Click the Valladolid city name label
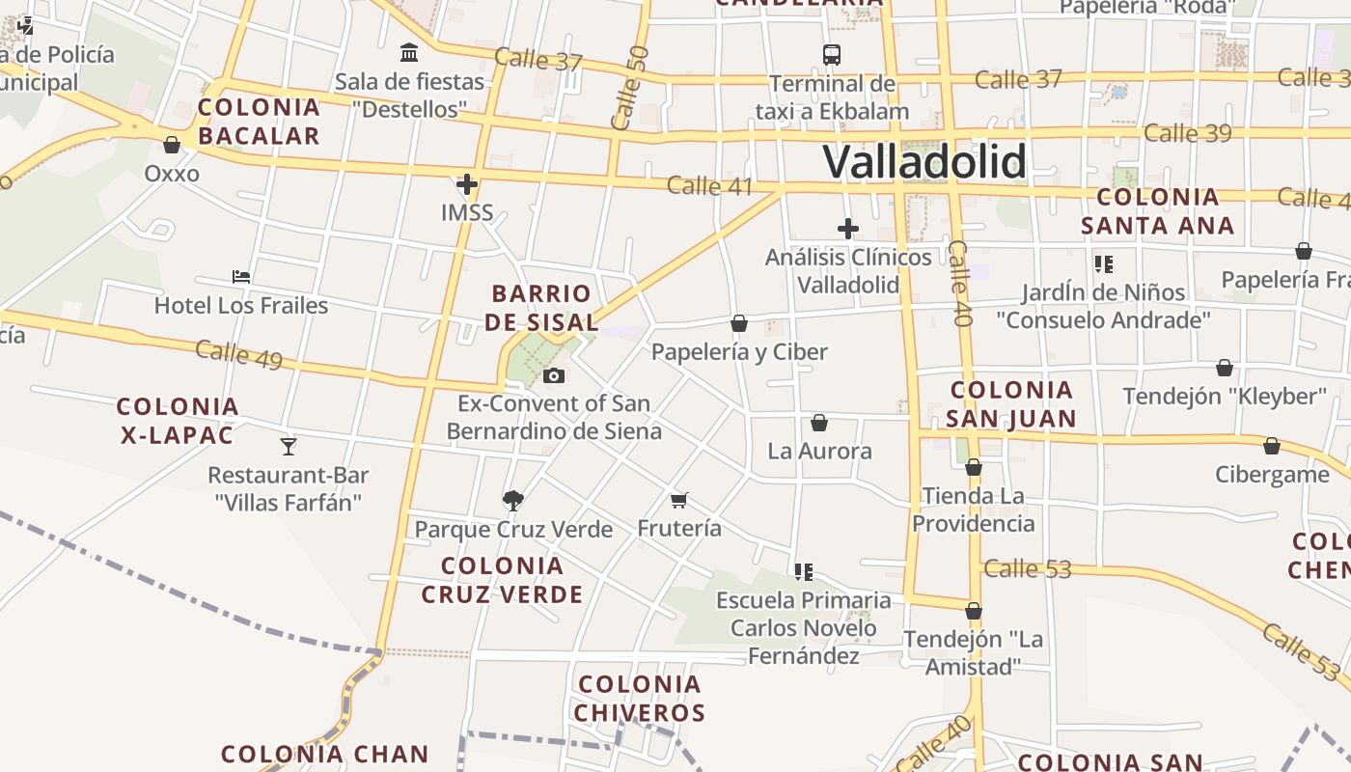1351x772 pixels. click(924, 161)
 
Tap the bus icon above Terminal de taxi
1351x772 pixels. click(831, 54)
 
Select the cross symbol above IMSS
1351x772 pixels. click(467, 183)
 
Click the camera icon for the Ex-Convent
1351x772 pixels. click(554, 375)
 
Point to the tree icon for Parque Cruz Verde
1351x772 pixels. click(513, 500)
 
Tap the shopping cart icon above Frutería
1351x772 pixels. click(679, 500)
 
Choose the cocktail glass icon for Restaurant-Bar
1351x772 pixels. click(288, 446)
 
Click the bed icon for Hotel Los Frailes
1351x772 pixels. click(241, 277)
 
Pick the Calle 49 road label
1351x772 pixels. click(238, 354)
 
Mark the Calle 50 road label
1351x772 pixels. click(630, 88)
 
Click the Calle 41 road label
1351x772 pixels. click(709, 185)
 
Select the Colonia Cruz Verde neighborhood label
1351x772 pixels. click(502, 580)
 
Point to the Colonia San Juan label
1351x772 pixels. click(1011, 404)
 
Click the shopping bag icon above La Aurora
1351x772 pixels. click(819, 423)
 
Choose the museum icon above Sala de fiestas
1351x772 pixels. click(409, 52)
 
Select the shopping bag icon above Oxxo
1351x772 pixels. click(172, 145)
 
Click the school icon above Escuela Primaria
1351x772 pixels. click(804, 571)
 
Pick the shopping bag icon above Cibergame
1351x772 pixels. click(1272, 446)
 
